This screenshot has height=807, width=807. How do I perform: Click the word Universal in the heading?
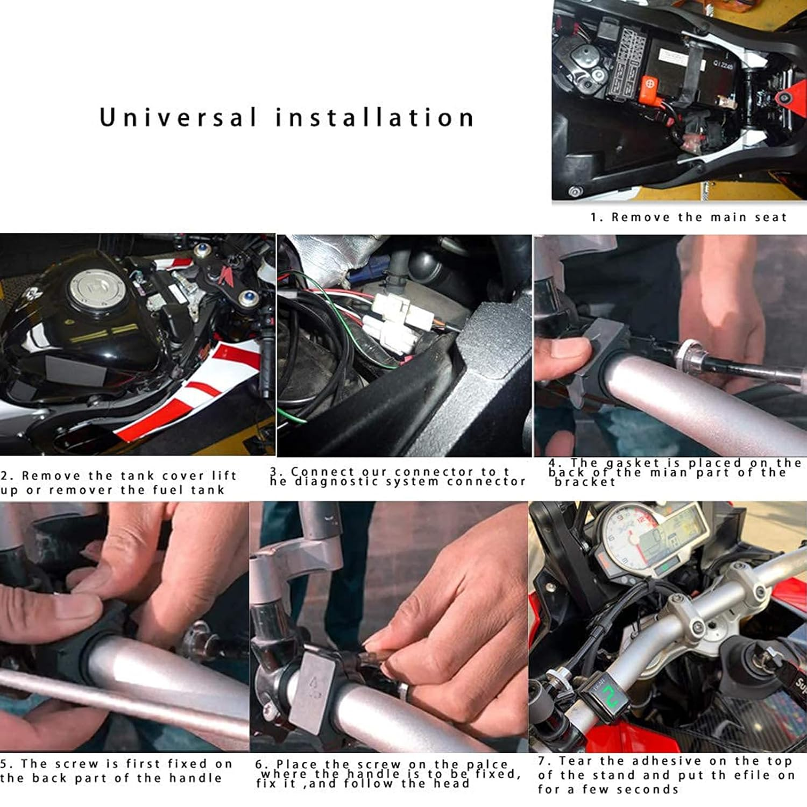[x=179, y=117]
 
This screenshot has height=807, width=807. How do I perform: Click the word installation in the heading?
[x=375, y=117]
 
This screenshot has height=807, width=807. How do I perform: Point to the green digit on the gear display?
[x=608, y=696]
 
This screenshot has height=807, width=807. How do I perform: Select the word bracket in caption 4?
[x=585, y=482]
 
